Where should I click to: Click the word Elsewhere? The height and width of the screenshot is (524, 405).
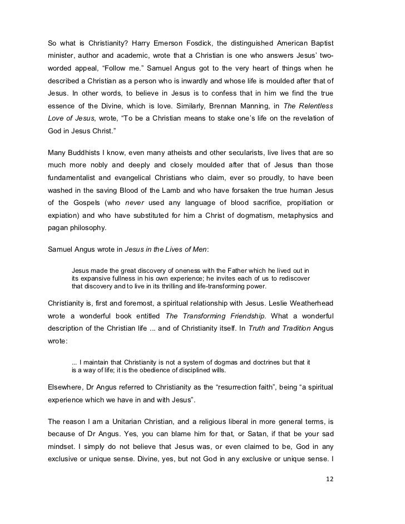tap(68, 388)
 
